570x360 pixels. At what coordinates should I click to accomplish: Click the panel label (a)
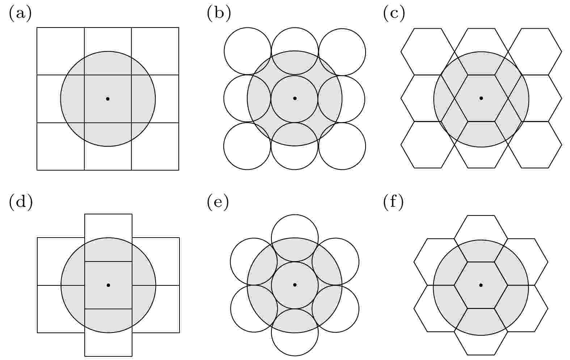[x=20, y=13]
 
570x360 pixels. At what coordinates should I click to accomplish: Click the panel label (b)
[x=219, y=13]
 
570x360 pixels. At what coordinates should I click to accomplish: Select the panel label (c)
[x=394, y=13]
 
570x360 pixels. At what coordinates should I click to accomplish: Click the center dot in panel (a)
[x=107, y=99]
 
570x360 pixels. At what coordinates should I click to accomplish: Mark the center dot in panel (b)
[x=295, y=98]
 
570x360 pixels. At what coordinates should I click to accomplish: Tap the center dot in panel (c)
[x=481, y=98]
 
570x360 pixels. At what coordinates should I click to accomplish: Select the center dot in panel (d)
[x=108, y=285]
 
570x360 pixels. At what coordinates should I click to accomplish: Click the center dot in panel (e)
[x=295, y=285]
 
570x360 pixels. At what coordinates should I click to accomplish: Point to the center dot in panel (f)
[x=481, y=285]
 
